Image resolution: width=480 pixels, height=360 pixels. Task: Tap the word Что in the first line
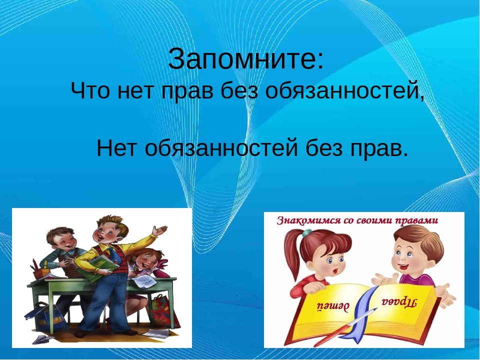(89, 91)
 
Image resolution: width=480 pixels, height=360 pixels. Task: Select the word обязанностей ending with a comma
(344, 91)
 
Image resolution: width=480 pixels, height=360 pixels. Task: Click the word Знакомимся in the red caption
(304, 220)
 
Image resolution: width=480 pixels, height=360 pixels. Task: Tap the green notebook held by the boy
(98, 268)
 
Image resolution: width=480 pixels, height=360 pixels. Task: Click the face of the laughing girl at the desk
(145, 261)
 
